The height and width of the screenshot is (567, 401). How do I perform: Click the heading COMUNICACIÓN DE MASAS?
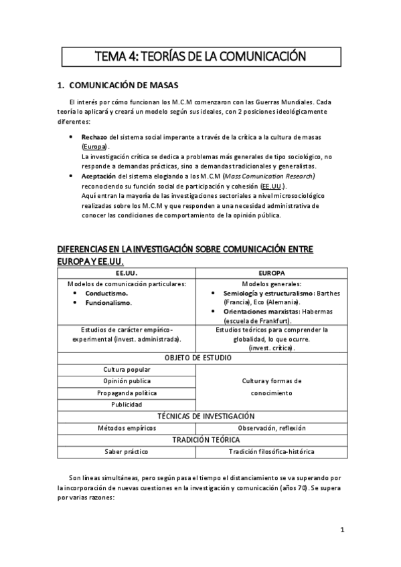(x=124, y=86)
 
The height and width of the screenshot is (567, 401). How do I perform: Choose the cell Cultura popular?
(x=127, y=369)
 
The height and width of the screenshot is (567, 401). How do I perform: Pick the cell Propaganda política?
(x=127, y=392)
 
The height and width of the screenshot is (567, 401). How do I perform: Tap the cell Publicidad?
(x=127, y=404)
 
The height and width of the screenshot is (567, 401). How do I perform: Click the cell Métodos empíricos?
(x=127, y=427)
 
